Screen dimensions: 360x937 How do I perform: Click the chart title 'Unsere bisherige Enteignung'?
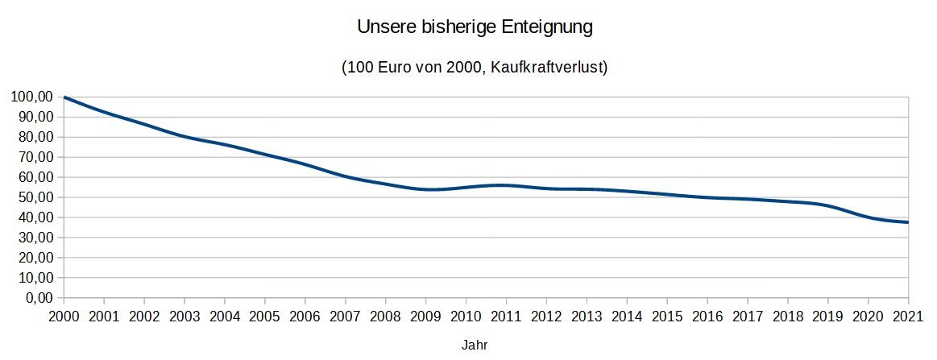pos(475,27)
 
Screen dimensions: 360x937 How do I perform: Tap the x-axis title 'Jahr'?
pos(475,345)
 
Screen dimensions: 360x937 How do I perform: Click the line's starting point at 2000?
pos(64,97)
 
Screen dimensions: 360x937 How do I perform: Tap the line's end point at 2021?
pos(908,222)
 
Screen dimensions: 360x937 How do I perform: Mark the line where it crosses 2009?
pos(425,189)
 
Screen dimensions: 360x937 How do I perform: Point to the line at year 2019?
pos(827,205)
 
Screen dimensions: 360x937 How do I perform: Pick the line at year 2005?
pos(265,155)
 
